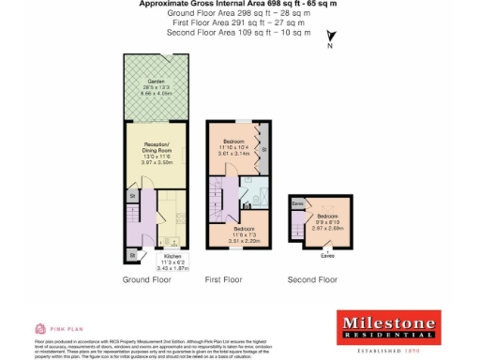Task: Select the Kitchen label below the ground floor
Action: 172,256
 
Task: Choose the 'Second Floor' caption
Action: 312,279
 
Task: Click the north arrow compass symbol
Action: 330,38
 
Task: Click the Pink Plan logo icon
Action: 40,329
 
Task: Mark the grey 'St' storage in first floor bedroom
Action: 264,150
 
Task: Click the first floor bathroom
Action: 253,192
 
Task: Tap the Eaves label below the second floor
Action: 327,254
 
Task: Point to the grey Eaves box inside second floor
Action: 297,202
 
